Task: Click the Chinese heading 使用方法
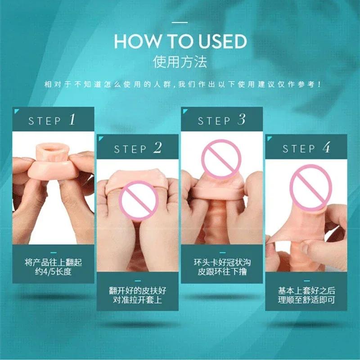180,61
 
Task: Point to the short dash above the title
180,22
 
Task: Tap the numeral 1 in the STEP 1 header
72,120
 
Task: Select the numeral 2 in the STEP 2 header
157,148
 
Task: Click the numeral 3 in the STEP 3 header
242,120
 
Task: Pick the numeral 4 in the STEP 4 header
326,148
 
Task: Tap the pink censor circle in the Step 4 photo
310,184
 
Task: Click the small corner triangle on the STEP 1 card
16,111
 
